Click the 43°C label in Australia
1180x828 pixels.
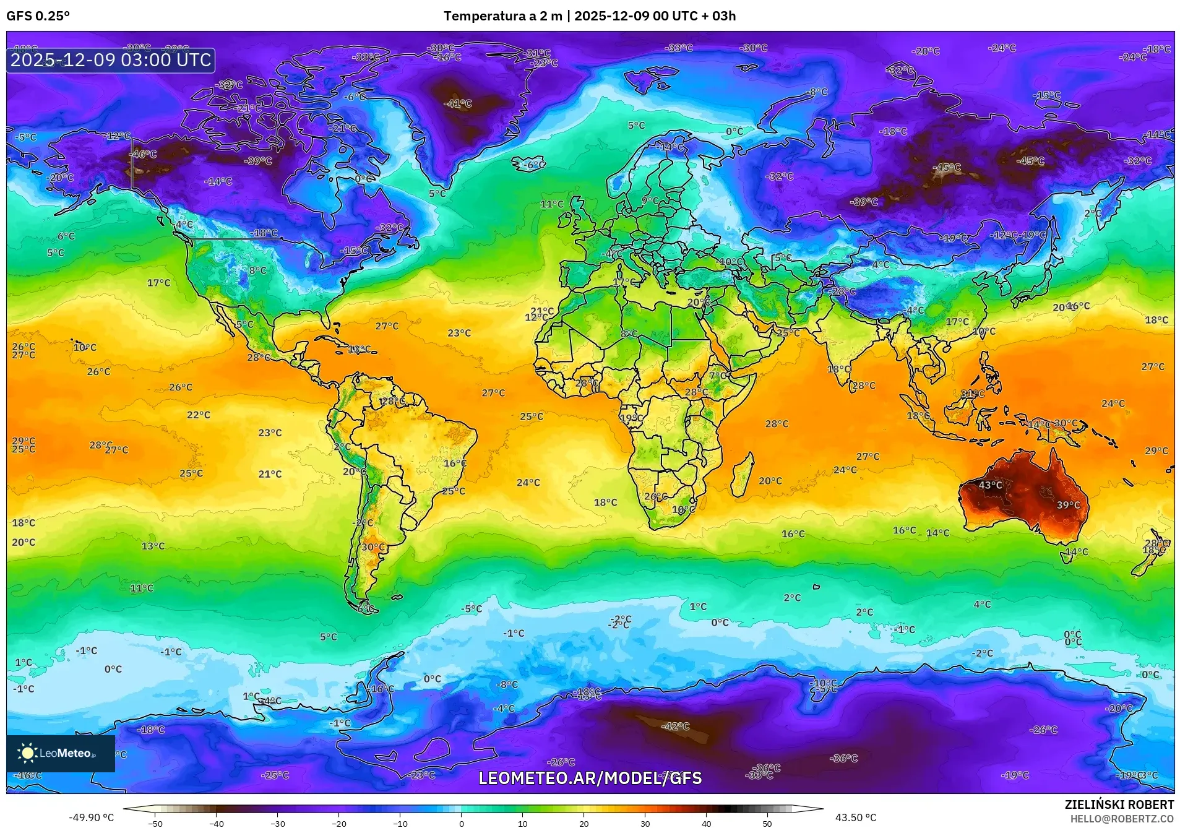(x=990, y=485)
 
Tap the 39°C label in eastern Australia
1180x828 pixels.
(x=1068, y=505)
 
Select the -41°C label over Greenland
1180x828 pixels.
(x=458, y=103)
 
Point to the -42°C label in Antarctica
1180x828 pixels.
(x=675, y=726)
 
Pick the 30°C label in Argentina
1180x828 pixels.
(x=373, y=547)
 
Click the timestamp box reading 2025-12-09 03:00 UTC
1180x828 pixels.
(x=111, y=60)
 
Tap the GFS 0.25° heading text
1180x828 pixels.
(x=38, y=16)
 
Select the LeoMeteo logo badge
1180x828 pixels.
(x=61, y=753)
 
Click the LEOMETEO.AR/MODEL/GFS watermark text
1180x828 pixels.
(x=590, y=778)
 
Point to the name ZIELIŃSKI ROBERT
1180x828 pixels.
(x=1119, y=804)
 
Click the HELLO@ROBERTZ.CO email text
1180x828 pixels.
(x=1122, y=819)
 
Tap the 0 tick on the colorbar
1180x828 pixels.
(x=462, y=823)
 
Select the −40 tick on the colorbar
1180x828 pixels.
(x=217, y=823)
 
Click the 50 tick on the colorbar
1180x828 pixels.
(x=767, y=823)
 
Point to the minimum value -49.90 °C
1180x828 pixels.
(x=91, y=817)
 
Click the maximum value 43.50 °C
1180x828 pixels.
(x=856, y=817)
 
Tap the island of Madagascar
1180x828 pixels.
(x=742, y=474)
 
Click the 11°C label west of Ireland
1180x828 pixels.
(x=552, y=204)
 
